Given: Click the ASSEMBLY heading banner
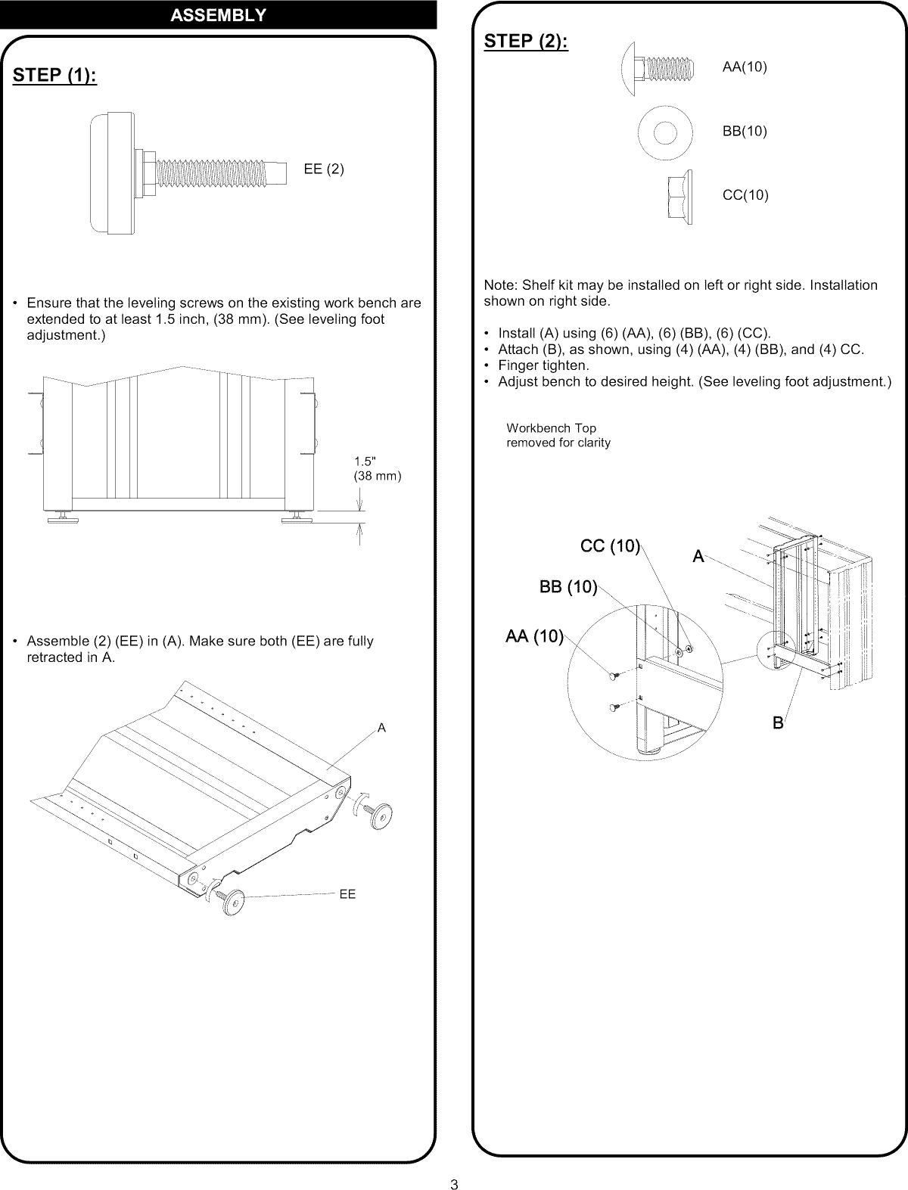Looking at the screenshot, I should [218, 14].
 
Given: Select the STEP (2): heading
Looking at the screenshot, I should [526, 42].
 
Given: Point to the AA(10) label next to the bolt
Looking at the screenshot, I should [745, 67].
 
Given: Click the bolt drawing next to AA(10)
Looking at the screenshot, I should [656, 68].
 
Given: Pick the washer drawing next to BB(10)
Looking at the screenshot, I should [664, 132].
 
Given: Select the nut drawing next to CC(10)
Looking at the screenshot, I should [680, 196].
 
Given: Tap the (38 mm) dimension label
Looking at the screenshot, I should [378, 476].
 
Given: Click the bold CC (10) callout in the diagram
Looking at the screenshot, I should [611, 546].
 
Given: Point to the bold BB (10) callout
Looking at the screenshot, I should [568, 587].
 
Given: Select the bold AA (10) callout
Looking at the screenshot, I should [534, 636].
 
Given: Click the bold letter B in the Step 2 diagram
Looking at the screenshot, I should [777, 723].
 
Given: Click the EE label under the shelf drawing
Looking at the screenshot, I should [347, 894].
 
